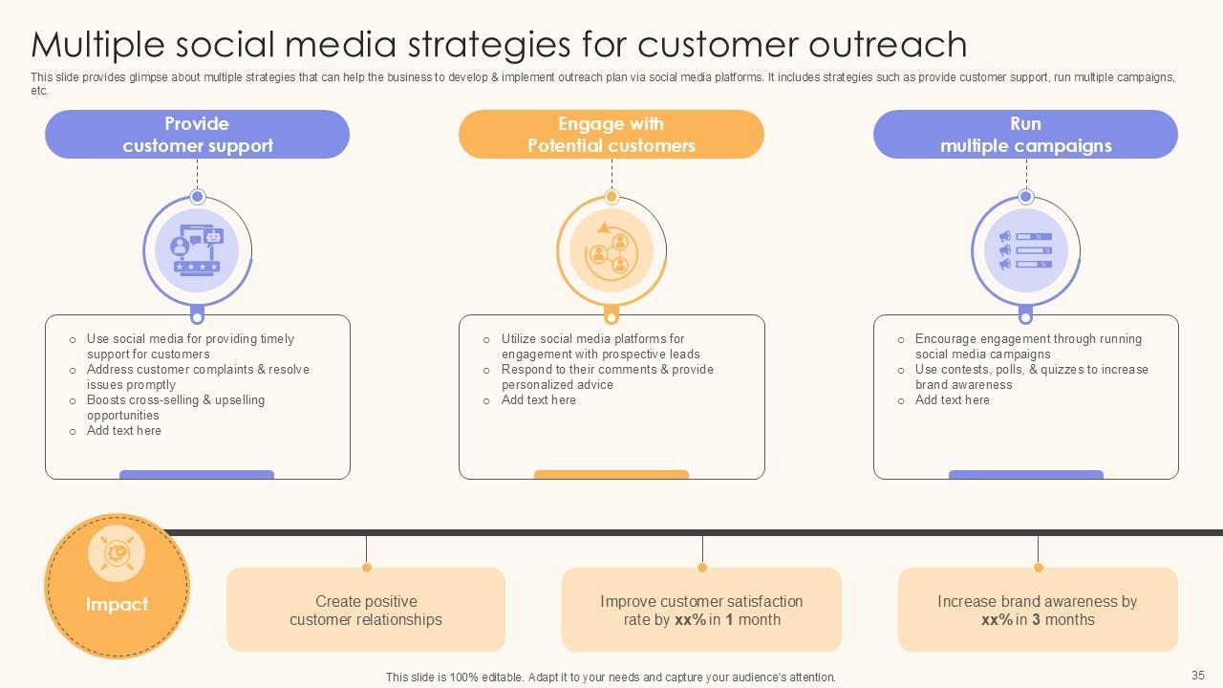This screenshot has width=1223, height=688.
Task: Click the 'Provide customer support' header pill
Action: click(197, 135)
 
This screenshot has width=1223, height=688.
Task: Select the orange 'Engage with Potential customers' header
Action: click(611, 135)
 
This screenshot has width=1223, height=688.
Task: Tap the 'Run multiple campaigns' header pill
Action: click(1025, 135)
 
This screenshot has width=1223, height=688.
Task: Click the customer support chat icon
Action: click(197, 251)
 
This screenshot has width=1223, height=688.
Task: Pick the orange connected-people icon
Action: click(611, 251)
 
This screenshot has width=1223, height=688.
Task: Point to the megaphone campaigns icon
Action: click(1025, 251)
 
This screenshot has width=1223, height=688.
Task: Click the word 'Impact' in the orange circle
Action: click(117, 605)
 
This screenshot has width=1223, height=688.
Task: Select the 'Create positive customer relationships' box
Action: click(366, 610)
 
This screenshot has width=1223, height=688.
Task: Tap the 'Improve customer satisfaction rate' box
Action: click(701, 610)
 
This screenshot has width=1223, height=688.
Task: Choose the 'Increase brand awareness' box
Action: click(1038, 610)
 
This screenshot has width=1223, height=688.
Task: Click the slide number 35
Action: click(1198, 676)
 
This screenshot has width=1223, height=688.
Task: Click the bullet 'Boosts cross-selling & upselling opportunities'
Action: click(176, 407)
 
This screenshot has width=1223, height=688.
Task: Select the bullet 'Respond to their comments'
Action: click(607, 376)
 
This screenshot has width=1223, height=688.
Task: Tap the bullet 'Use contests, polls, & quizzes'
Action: click(1031, 376)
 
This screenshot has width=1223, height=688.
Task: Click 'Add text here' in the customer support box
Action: click(124, 431)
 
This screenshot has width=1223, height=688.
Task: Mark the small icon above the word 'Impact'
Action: click(117, 552)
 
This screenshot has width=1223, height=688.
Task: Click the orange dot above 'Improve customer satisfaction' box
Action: click(702, 568)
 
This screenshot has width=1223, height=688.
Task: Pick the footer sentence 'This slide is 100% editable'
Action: click(611, 677)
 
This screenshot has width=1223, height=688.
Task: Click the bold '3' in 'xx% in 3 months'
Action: click(1037, 620)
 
